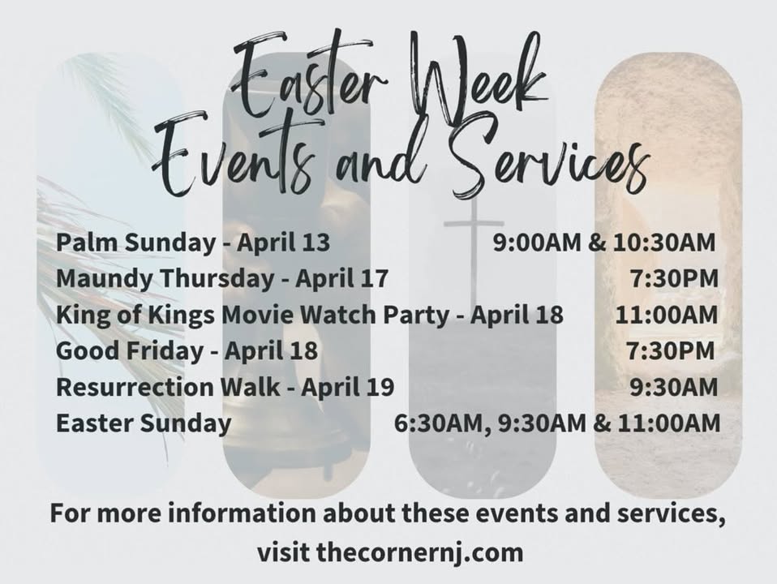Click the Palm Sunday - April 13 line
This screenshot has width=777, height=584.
[x=193, y=243]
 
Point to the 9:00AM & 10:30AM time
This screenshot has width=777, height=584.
[x=604, y=243]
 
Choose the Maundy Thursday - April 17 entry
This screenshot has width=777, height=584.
[x=222, y=278]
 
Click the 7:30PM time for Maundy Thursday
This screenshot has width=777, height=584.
[x=674, y=278]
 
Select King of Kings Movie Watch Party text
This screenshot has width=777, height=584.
[x=253, y=315]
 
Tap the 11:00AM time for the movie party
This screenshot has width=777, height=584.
[x=667, y=315]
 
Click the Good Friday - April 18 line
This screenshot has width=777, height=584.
[x=187, y=351]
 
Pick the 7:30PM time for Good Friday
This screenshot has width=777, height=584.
[x=671, y=351]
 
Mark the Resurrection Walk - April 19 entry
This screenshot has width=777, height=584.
[x=225, y=387]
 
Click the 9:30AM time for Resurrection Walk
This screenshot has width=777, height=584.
[x=674, y=387]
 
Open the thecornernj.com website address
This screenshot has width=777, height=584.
[x=419, y=552]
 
